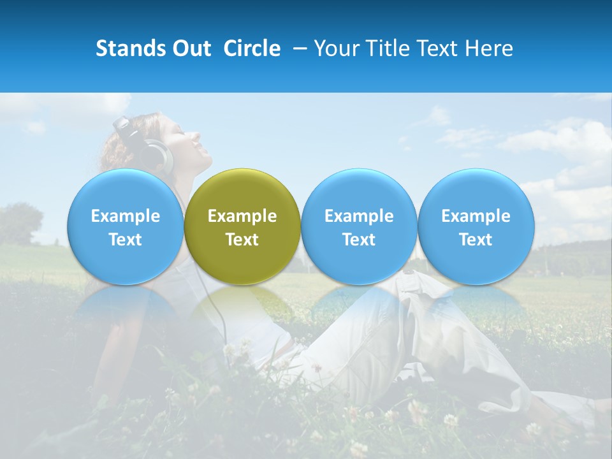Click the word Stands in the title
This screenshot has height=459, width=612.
point(131,48)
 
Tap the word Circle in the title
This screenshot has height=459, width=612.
point(252,48)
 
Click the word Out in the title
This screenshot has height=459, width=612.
point(192,48)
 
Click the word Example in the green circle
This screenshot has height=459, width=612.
point(242,216)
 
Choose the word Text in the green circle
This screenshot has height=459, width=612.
point(242,240)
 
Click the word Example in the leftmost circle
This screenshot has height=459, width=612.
point(125,216)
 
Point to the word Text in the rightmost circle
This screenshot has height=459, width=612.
point(476,240)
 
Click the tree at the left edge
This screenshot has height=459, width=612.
point(19,223)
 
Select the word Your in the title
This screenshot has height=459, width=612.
point(335,48)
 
